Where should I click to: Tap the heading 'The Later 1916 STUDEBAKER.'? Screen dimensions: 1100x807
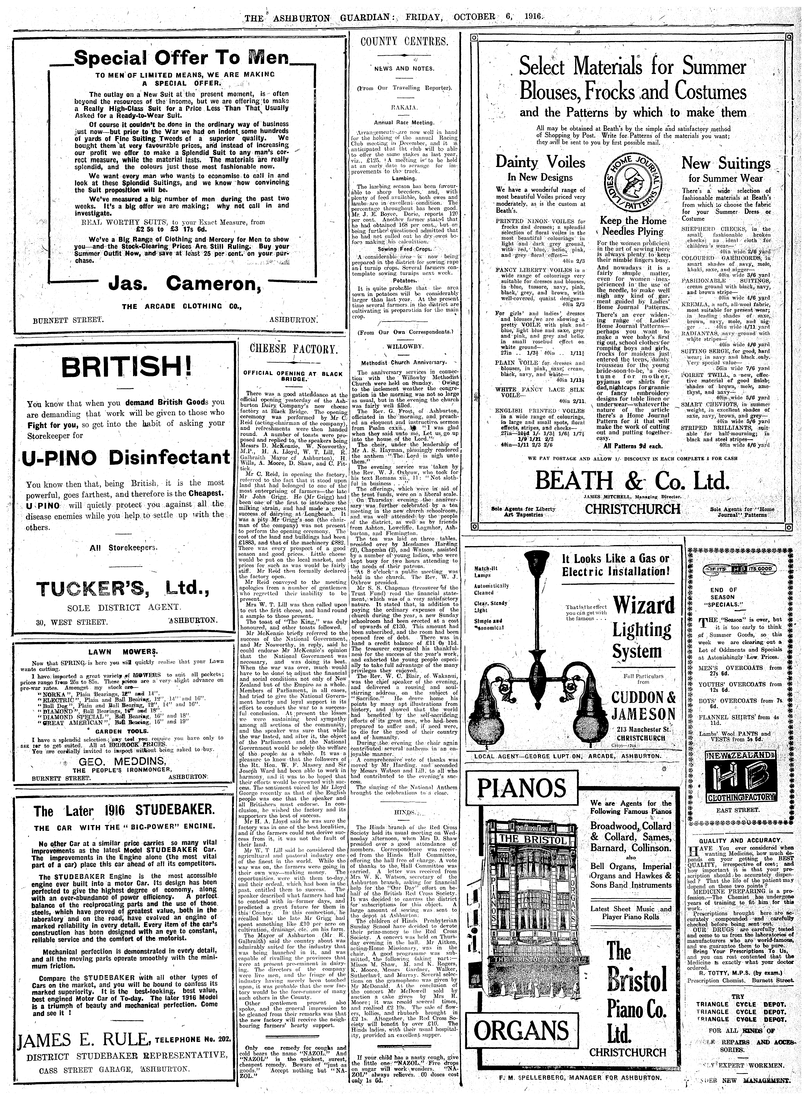point(123,811)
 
